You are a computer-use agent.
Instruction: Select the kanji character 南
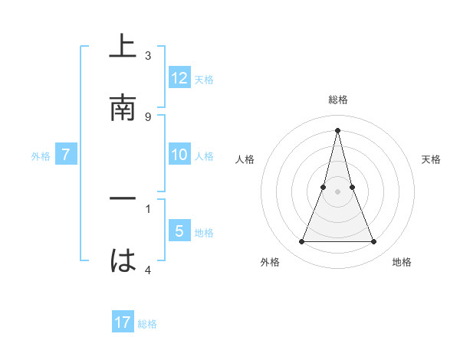click(123, 107)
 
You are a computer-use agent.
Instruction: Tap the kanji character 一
click(123, 198)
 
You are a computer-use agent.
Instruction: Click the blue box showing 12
click(179, 78)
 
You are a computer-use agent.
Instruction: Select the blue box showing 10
click(179, 155)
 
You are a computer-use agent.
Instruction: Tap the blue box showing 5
click(179, 231)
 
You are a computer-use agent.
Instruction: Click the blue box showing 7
click(66, 155)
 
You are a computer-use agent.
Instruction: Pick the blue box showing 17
click(123, 322)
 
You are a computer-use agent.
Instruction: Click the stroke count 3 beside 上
click(148, 55)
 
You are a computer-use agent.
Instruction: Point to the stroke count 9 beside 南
click(148, 116)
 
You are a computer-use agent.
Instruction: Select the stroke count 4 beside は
click(148, 270)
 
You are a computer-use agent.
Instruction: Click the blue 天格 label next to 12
click(204, 79)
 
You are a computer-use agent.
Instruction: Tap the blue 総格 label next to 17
click(147, 323)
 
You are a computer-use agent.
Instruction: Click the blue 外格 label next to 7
click(41, 155)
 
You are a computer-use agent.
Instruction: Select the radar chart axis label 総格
click(337, 100)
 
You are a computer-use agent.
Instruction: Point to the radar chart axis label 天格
click(431, 159)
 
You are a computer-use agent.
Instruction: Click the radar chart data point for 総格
click(337, 130)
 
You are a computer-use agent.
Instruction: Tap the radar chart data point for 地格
click(374, 242)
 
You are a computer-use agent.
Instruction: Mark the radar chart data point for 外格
click(301, 242)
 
